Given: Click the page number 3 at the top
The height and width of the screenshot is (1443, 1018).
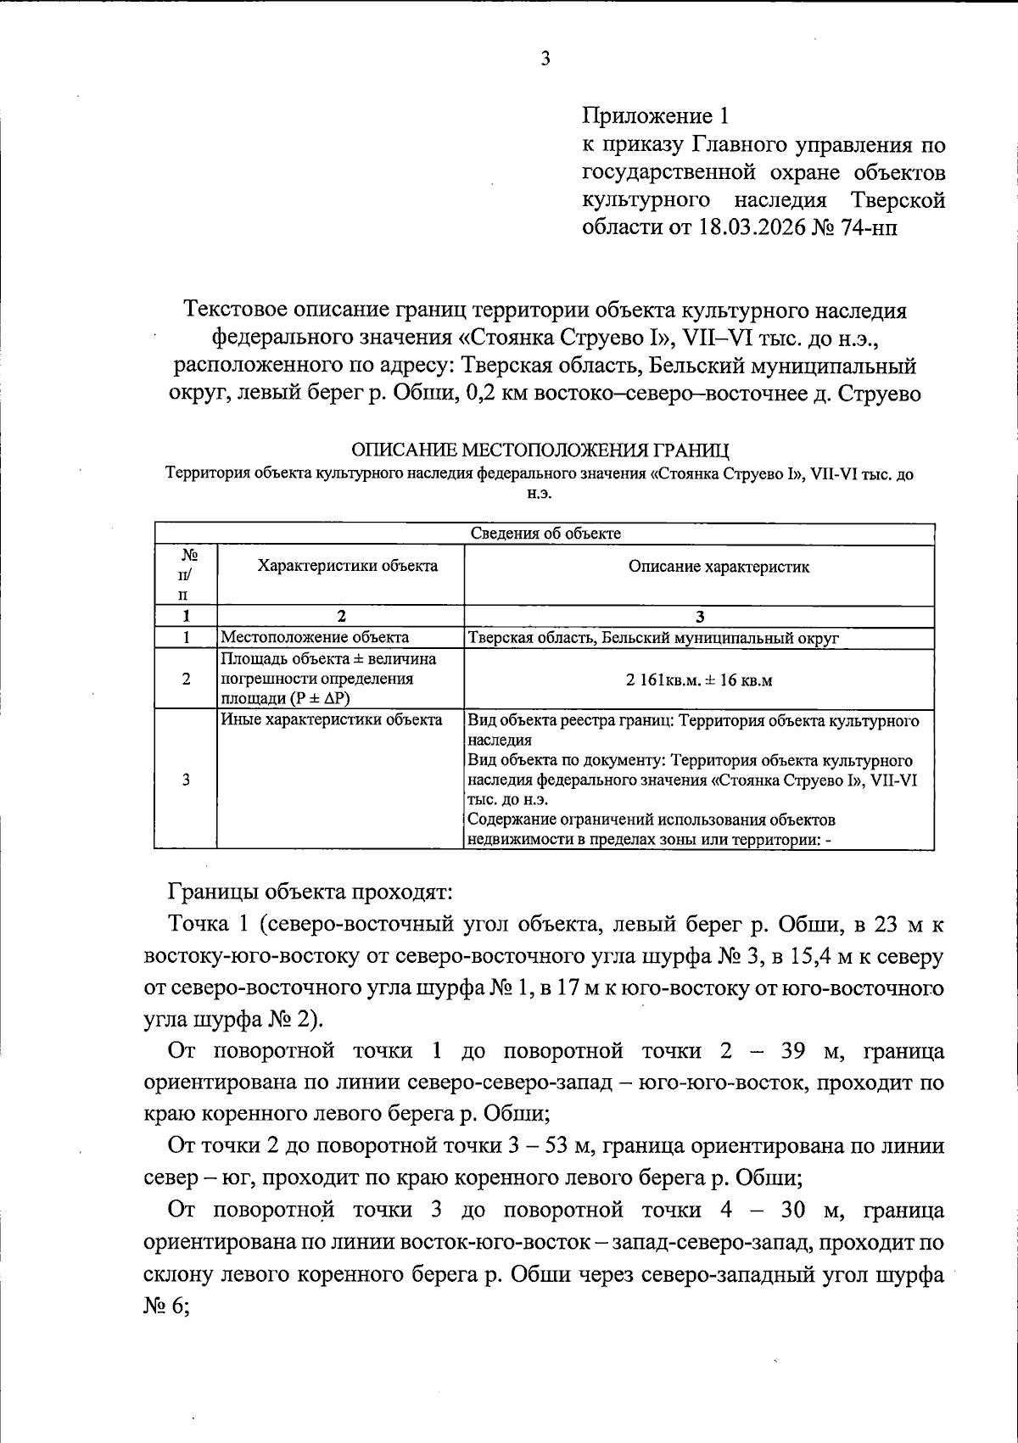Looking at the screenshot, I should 545,59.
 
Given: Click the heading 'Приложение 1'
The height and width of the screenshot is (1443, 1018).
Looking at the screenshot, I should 655,115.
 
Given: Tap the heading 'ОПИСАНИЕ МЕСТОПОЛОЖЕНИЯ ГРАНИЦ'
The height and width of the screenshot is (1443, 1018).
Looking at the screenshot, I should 540,449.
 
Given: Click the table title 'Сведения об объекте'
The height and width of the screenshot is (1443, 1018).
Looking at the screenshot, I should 545,534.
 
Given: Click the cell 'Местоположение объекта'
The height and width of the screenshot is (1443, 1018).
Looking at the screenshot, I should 315,637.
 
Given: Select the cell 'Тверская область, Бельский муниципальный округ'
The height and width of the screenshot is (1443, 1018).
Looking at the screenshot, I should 652,638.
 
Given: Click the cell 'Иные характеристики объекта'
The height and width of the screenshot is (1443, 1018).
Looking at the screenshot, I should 332,720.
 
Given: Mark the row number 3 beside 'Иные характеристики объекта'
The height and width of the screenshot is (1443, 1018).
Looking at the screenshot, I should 185,780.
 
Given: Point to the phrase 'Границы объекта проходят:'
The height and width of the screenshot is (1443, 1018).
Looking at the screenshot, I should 311,892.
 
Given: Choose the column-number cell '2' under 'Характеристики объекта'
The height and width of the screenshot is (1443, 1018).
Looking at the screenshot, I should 341,617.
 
